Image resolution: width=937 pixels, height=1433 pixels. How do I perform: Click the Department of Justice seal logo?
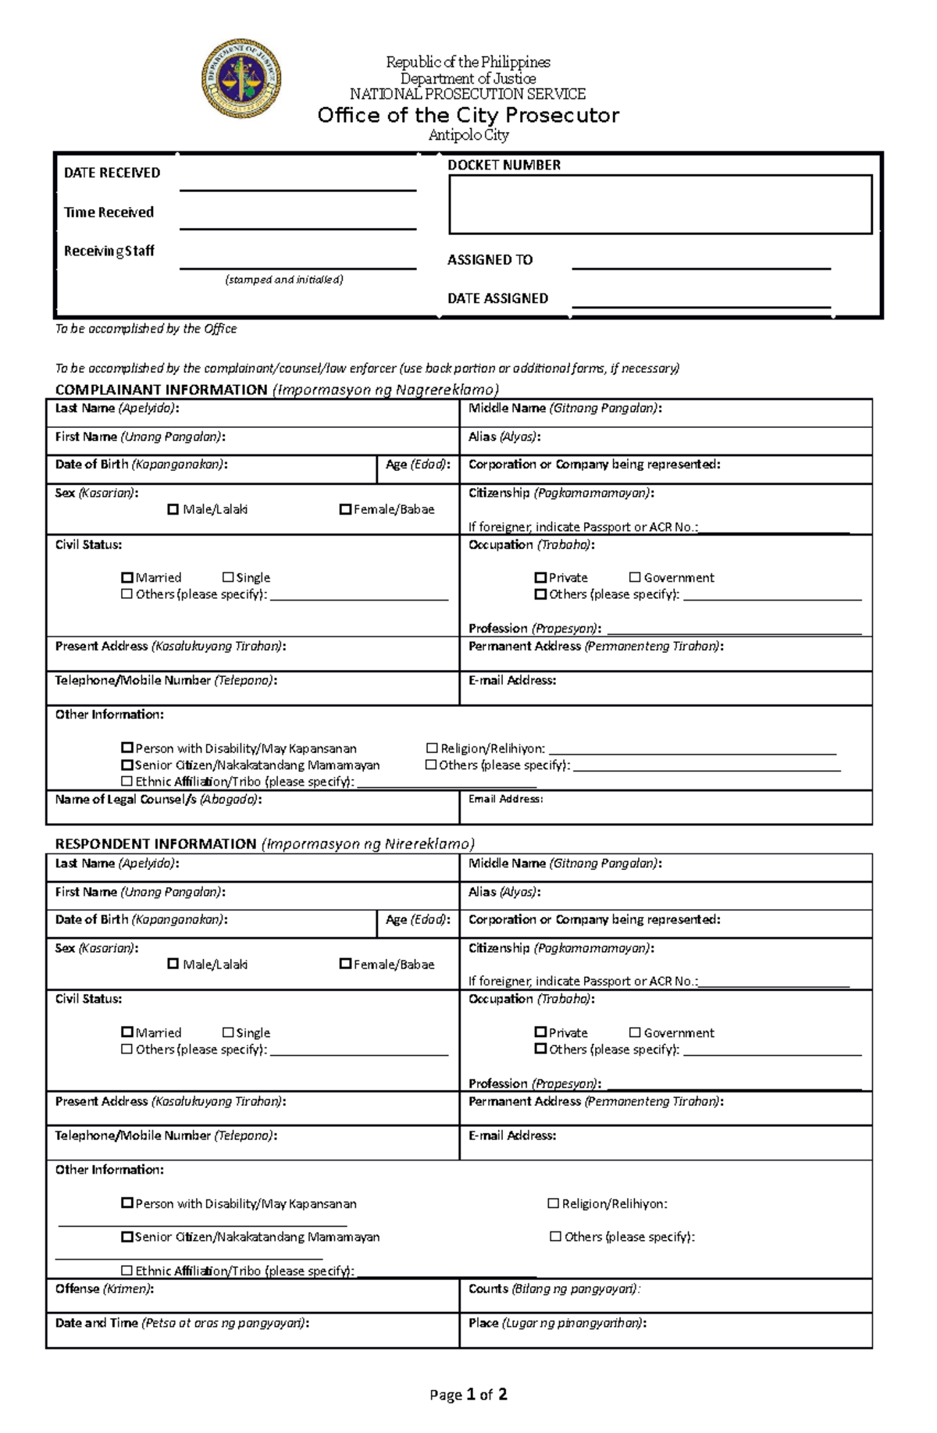[x=241, y=79]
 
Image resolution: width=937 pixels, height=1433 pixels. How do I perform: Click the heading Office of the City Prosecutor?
[x=468, y=116]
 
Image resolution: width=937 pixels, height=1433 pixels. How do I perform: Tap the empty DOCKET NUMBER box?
[x=660, y=205]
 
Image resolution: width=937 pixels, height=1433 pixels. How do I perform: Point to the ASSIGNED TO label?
[x=490, y=260]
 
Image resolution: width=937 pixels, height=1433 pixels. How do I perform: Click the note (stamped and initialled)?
[x=284, y=280]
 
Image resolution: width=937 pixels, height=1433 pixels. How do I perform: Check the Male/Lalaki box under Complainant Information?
[x=173, y=509]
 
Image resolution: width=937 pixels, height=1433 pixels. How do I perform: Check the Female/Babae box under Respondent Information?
[x=345, y=964]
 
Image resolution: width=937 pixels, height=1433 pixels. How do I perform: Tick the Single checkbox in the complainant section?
[x=228, y=577]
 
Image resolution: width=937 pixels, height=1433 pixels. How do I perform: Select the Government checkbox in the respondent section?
[x=635, y=1032]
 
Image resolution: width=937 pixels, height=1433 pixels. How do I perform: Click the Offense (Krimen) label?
[x=104, y=1289]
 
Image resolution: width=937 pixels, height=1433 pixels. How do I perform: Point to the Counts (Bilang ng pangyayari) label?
[x=554, y=1289]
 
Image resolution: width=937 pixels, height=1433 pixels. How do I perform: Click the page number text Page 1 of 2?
[x=468, y=1394]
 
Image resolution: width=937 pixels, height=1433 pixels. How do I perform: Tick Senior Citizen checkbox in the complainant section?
[x=127, y=765]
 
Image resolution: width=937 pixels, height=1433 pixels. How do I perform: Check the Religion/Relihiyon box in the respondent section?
[x=554, y=1203]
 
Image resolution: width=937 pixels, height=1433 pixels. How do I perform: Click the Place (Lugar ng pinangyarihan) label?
[x=557, y=1323]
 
